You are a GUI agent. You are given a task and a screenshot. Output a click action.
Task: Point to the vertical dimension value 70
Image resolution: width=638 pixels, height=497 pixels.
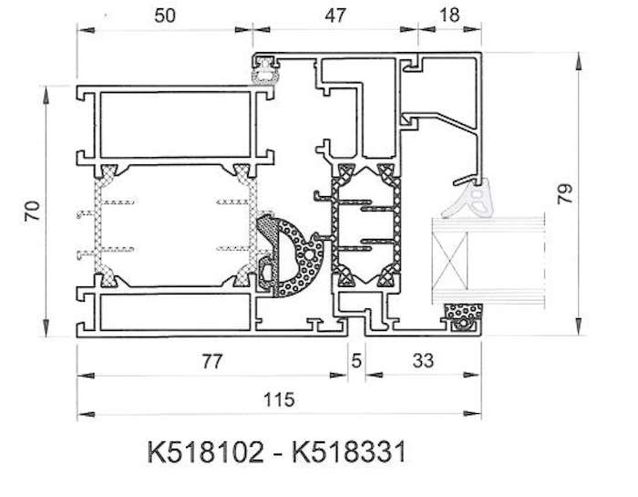point(32,212)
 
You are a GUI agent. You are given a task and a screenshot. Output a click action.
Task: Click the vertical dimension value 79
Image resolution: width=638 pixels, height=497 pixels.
point(565,193)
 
